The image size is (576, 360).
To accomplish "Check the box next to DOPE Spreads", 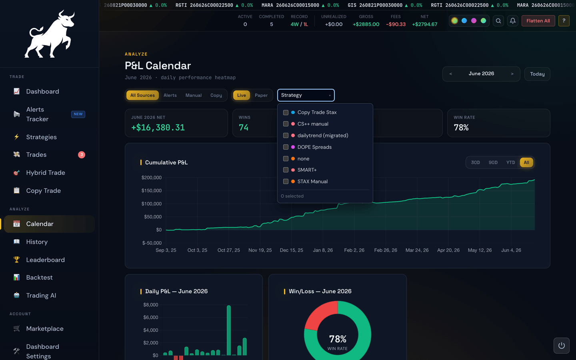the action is point(286,147).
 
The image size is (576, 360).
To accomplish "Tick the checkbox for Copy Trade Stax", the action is point(286,112).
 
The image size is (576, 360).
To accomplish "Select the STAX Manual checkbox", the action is point(286,182).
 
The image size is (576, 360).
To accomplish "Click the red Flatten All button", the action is point(538,21).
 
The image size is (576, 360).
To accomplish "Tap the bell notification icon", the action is point(512,21).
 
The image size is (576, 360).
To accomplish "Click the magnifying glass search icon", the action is point(498,21).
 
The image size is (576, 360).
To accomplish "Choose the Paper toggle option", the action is point(261,95).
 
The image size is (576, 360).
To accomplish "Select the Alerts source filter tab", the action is point(170,95).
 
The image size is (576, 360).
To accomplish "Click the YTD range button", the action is point(510,162).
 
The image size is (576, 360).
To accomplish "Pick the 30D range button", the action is point(475,162).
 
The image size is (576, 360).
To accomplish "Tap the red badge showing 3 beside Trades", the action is point(82,155).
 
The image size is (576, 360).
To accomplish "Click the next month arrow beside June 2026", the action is point(512,74).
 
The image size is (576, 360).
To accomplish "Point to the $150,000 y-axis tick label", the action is point(152,190).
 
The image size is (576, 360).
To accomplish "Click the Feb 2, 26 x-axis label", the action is point(354,250).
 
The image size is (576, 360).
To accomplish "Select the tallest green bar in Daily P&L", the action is point(229,330).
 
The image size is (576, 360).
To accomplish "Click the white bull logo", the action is point(50,34).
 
